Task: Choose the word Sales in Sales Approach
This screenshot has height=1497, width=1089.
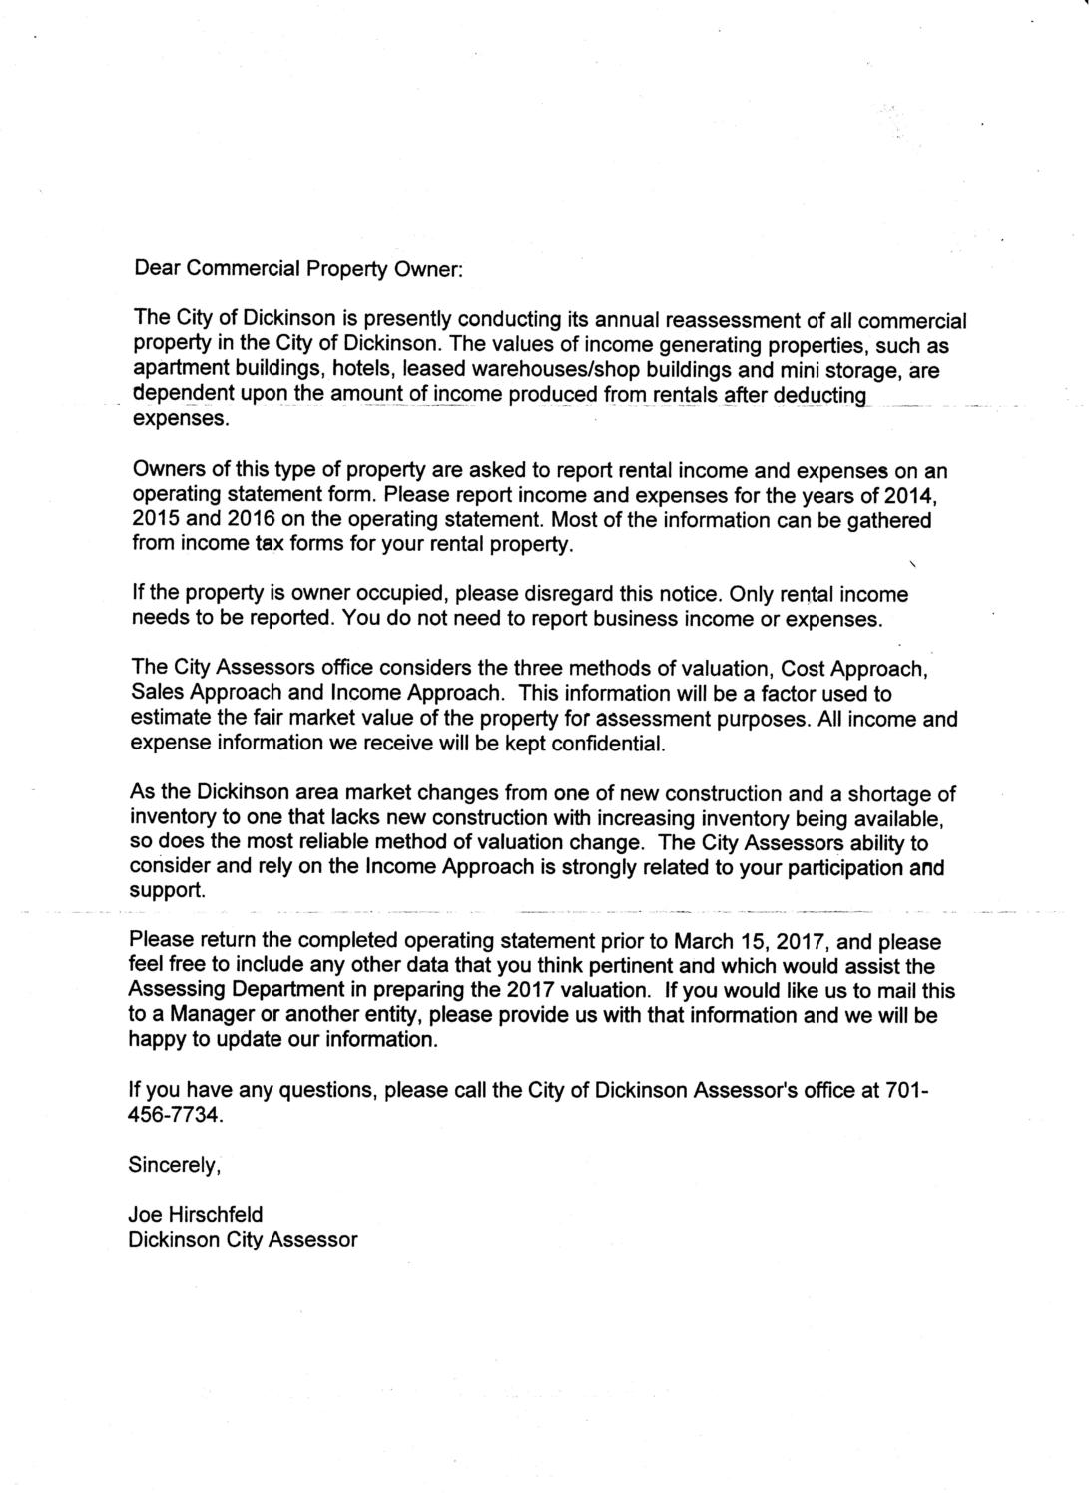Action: click(x=157, y=693)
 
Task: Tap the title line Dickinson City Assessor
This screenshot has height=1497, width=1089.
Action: click(x=243, y=1240)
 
